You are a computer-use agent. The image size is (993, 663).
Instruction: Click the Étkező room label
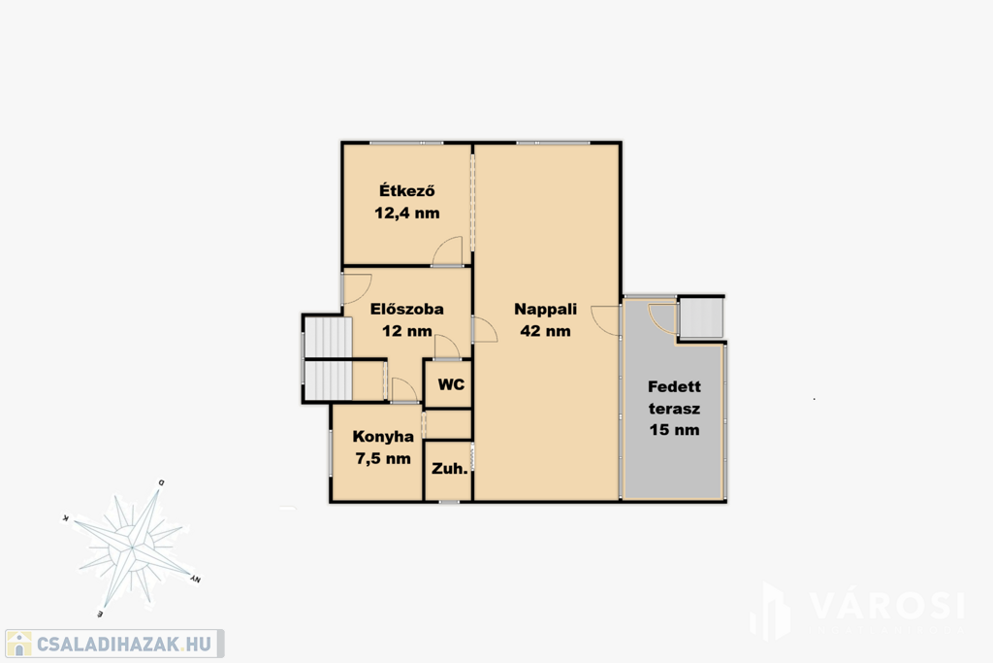pos(406,190)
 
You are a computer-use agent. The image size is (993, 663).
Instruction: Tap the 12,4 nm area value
pos(406,213)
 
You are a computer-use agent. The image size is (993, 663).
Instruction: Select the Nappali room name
pos(545,310)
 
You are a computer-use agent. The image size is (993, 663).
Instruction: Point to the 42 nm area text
pos(545,331)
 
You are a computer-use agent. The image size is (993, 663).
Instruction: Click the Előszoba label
pos(406,310)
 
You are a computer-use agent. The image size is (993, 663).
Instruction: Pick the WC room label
pos(451,384)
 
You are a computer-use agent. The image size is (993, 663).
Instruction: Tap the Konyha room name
pos(383,436)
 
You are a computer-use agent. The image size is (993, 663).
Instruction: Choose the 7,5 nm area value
pos(383,458)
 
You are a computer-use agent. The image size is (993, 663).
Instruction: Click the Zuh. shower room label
pos(450,469)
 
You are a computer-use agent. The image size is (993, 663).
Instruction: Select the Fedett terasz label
pos(675,397)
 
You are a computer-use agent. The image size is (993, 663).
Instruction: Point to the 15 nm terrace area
pos(675,430)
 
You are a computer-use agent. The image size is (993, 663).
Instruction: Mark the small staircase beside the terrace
pos(701,317)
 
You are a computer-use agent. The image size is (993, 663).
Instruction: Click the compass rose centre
pos(131,547)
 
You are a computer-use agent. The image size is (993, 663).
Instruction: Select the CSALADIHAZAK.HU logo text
pos(123,645)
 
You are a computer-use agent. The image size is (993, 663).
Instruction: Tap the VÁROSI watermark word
pos(886,606)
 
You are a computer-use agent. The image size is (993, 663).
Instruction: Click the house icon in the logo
pos(19,644)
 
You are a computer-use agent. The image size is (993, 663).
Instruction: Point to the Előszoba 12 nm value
pos(406,331)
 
